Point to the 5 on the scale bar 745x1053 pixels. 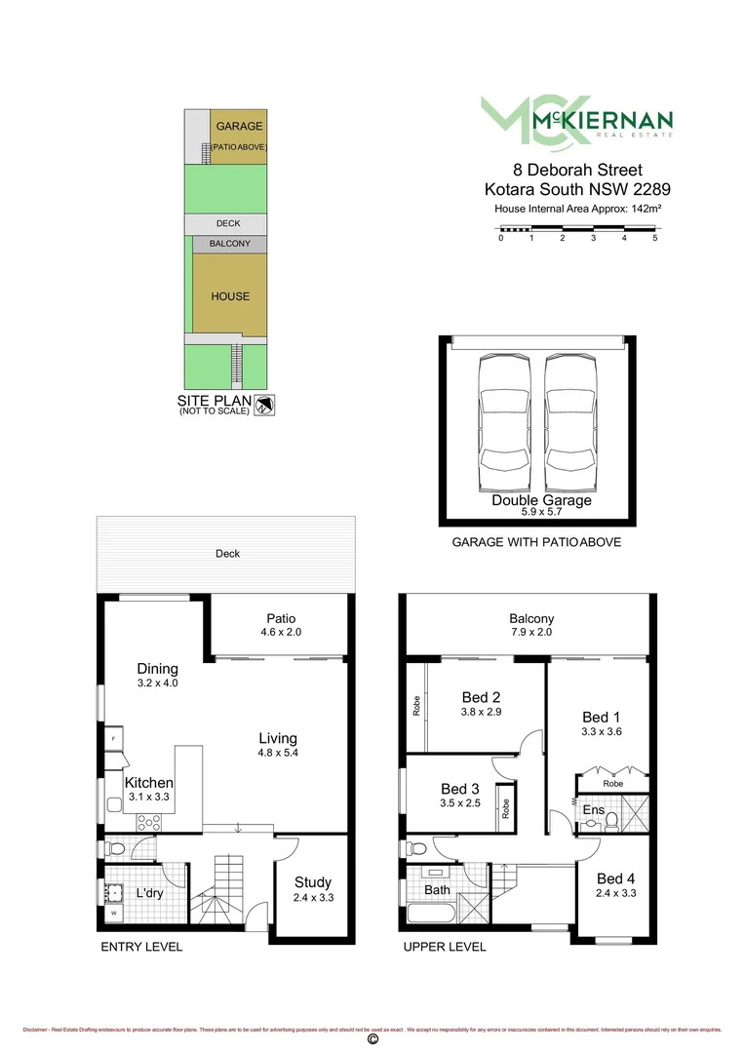tap(655, 238)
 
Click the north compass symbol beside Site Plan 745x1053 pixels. tap(264, 406)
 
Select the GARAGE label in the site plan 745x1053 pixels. tap(240, 127)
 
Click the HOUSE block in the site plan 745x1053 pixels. tap(230, 296)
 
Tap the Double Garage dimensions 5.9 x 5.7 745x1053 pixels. tap(541, 511)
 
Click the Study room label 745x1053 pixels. tap(313, 882)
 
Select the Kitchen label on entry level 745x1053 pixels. tap(149, 782)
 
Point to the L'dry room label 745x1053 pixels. tap(149, 893)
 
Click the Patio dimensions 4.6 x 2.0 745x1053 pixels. tap(281, 632)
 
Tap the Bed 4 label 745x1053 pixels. tap(615, 877)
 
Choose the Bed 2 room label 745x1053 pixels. tap(481, 697)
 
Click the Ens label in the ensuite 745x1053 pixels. tap(593, 809)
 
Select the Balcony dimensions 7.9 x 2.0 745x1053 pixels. tap(531, 632)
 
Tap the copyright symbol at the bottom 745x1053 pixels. tap(372, 1039)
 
